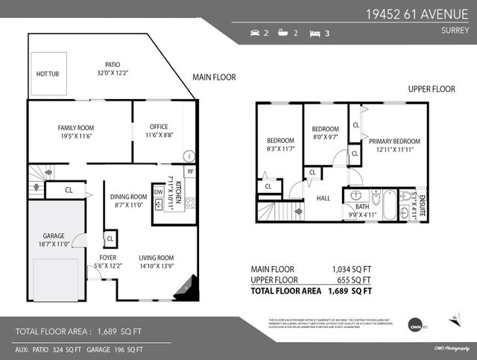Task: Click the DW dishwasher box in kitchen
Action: [158, 192]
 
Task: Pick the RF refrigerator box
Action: [190, 171]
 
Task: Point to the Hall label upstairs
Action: [323, 198]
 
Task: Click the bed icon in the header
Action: [315, 33]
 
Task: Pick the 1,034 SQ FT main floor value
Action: [351, 269]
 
